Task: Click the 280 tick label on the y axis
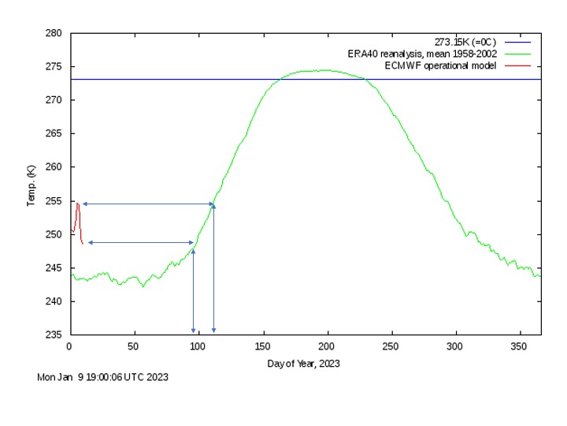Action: (55, 33)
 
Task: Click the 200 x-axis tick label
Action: (328, 346)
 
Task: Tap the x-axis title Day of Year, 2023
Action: (303, 363)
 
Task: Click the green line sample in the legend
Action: (518, 54)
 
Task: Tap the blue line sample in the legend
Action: (518, 42)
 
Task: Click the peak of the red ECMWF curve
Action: (77, 204)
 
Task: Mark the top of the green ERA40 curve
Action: (319, 70)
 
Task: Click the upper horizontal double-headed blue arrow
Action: (148, 204)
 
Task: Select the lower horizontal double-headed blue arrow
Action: (141, 242)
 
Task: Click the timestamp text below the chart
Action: (102, 377)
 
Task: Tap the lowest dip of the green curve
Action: (143, 286)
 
